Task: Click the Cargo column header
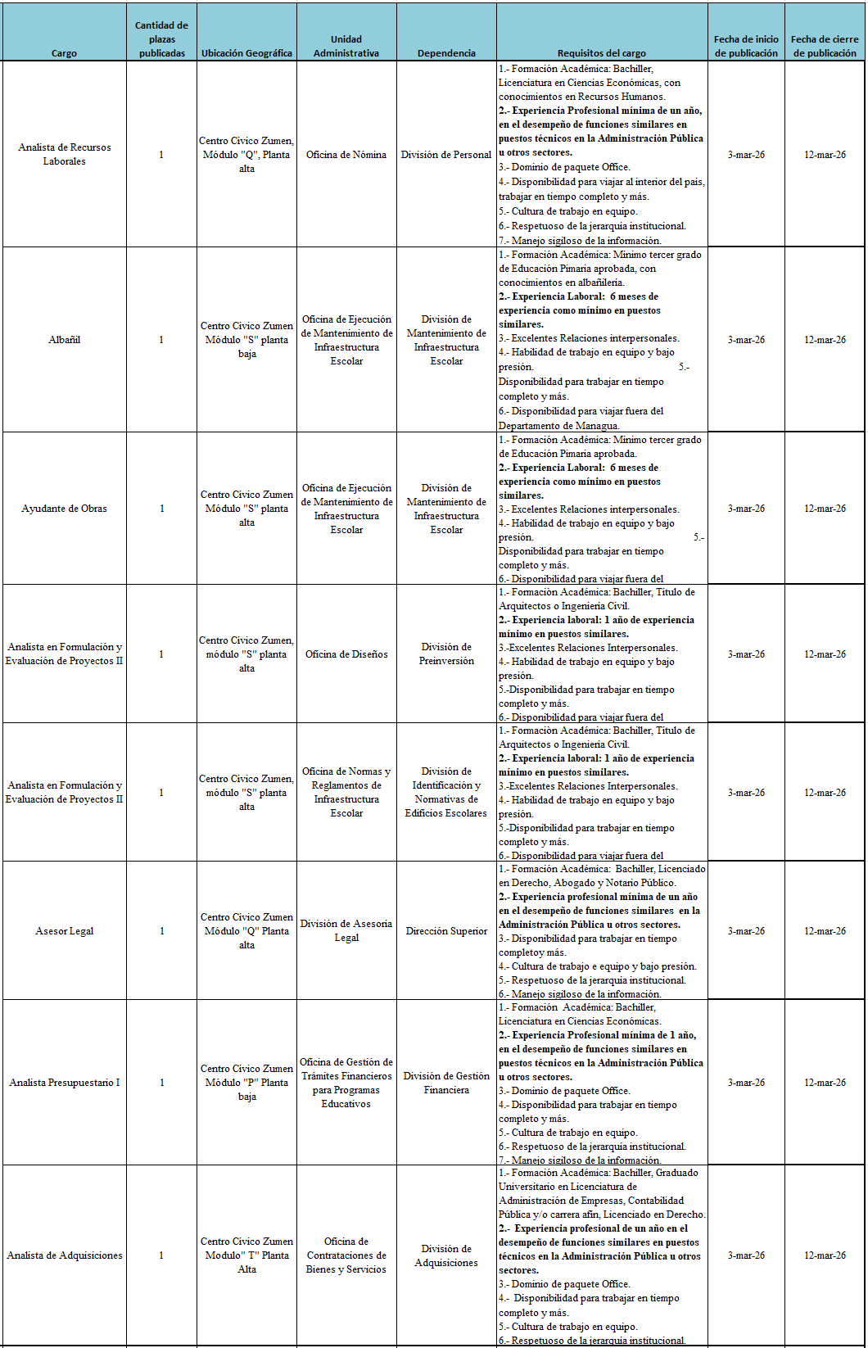pos(64,53)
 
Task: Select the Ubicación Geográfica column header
pos(246,53)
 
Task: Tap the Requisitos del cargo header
pos(601,53)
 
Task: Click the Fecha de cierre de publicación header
pos(825,46)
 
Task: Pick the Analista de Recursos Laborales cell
pos(64,154)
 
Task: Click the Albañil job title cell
pos(64,340)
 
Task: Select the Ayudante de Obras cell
pos(64,509)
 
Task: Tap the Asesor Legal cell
pos(64,931)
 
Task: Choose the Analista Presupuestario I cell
pos(64,1083)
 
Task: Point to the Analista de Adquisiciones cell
pos(64,1255)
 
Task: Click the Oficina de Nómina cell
pos(346,155)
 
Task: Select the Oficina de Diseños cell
pos(346,654)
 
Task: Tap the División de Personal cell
pos(446,155)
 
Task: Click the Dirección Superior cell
pos(446,931)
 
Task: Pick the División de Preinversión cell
pos(446,654)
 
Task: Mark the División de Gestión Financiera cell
pos(446,1083)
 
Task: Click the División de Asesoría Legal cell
pos(346,930)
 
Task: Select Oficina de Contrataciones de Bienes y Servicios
pos(346,1255)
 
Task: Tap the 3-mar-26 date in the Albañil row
pos(746,340)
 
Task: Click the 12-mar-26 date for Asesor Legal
pos(825,931)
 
